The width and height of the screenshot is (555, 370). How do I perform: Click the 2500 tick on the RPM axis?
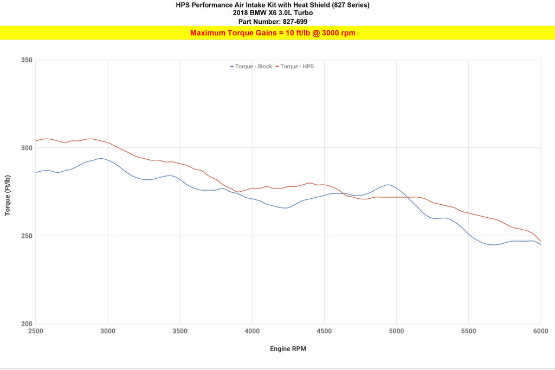pyautogui.click(x=36, y=331)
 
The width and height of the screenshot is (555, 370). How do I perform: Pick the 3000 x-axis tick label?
pyautogui.click(x=108, y=331)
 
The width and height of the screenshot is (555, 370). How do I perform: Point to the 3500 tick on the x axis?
pyautogui.click(x=180, y=331)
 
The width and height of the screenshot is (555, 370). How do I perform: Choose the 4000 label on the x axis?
pyautogui.click(x=252, y=331)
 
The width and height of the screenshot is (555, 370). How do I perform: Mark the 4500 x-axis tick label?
pyautogui.click(x=324, y=331)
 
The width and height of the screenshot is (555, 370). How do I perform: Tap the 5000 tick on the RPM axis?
pyautogui.click(x=396, y=331)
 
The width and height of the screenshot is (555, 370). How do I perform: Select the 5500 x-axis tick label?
pyautogui.click(x=468, y=331)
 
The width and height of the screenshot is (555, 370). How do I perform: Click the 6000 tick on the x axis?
pyautogui.click(x=540, y=331)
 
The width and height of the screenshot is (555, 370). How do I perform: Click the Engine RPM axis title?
pyautogui.click(x=288, y=349)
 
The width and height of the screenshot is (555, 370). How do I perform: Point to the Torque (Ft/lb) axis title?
pyautogui.click(x=8, y=196)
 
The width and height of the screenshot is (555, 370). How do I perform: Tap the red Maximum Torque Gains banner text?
pyautogui.click(x=273, y=33)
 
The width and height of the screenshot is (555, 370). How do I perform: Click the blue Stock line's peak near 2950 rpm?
pyautogui.click(x=101, y=158)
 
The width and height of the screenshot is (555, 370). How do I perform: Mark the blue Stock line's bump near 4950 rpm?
pyautogui.click(x=388, y=185)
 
